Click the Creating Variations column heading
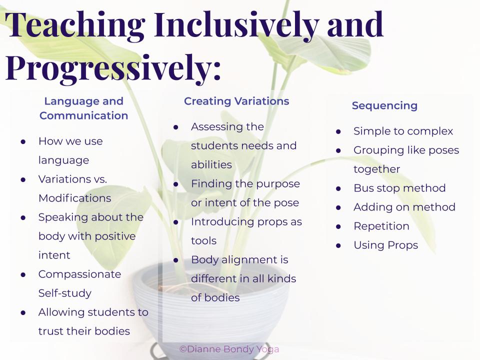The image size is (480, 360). [x=236, y=101]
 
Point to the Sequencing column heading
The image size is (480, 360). [x=384, y=105]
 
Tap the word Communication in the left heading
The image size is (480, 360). [x=83, y=115]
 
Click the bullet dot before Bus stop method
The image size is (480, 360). [x=338, y=188]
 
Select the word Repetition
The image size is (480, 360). [x=381, y=226]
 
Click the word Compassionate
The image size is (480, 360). [x=79, y=274]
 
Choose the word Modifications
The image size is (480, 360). [x=74, y=198]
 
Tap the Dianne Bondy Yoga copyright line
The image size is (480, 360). [x=229, y=349]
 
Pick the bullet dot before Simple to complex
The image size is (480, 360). [x=338, y=131]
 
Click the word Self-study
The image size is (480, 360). [x=65, y=293]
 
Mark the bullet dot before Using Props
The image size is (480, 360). [x=338, y=245]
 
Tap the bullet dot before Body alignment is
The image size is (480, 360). [x=175, y=260]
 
